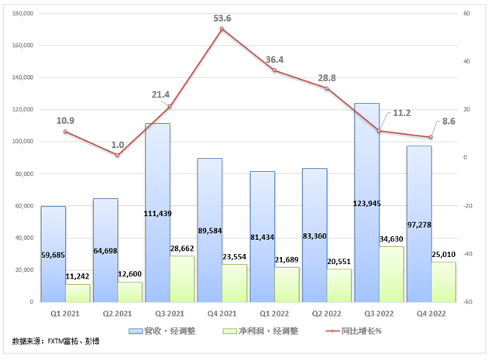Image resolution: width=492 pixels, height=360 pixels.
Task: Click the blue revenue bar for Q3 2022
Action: tap(366, 201)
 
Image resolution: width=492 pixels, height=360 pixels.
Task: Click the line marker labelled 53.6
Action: tap(222, 29)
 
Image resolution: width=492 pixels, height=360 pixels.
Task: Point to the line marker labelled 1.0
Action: tap(117, 156)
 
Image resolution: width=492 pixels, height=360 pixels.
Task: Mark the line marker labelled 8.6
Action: tap(431, 138)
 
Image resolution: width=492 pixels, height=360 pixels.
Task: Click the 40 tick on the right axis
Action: tap(468, 61)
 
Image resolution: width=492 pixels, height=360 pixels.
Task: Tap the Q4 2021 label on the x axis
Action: tap(222, 314)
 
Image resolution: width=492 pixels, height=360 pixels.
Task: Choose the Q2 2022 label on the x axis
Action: tap(326, 314)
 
